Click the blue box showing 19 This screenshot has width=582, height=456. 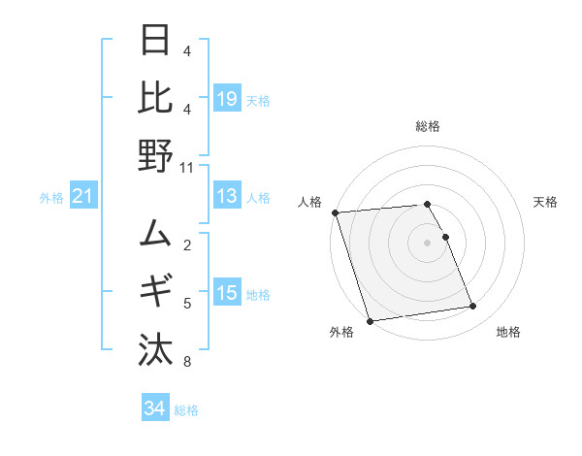click(x=227, y=98)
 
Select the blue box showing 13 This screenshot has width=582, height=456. click(x=227, y=196)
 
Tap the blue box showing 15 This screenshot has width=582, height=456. click(x=227, y=292)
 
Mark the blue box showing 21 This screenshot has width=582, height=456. click(x=83, y=197)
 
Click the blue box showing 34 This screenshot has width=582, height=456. click(x=154, y=408)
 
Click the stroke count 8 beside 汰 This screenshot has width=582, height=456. click(x=187, y=362)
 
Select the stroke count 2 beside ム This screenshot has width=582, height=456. click(x=187, y=245)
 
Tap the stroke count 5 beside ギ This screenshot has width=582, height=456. click(x=187, y=304)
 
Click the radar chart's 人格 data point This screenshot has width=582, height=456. click(x=335, y=212)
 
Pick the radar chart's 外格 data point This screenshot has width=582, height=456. click(x=370, y=320)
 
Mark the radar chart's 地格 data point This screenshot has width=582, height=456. click(x=473, y=307)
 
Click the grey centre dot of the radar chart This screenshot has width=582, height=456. click(x=427, y=242)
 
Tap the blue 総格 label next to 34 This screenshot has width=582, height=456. click(x=186, y=410)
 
